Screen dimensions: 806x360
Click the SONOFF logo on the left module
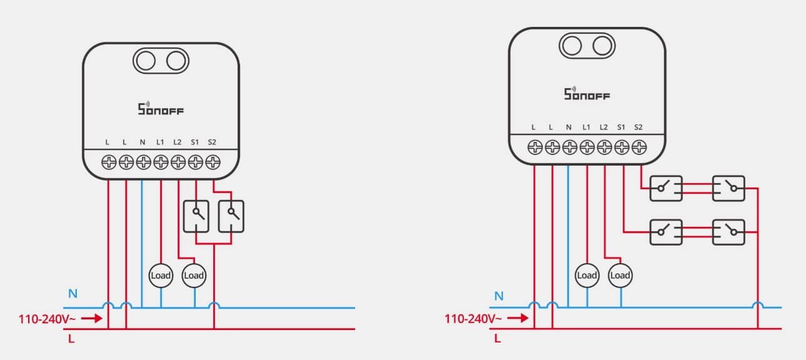[x=161, y=108]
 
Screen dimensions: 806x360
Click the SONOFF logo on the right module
[x=587, y=94]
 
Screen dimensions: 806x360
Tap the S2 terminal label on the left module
[x=212, y=142]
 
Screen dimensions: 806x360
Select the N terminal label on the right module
[x=568, y=127]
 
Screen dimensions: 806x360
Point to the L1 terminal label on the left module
[x=160, y=142]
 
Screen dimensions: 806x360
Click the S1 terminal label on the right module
[x=621, y=127]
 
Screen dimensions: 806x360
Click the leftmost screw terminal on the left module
[x=109, y=162]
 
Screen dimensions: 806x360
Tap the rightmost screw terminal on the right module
[x=639, y=147]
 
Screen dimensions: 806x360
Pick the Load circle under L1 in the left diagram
[x=161, y=276]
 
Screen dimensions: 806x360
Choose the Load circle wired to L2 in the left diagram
[x=194, y=276]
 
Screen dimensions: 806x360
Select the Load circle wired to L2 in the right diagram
[x=620, y=276]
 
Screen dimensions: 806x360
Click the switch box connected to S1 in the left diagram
[x=196, y=216]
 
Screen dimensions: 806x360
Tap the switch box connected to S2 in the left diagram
[x=231, y=216]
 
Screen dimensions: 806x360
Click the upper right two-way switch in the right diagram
[x=728, y=188]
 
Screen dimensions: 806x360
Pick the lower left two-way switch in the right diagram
[x=666, y=232]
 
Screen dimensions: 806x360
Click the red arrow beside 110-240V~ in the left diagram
[x=92, y=318]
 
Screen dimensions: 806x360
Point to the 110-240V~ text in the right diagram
[x=473, y=319]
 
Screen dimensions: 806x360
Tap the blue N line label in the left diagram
[x=73, y=294]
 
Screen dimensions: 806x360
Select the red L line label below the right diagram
[x=498, y=338]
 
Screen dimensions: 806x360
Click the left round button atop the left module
[x=146, y=61]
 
